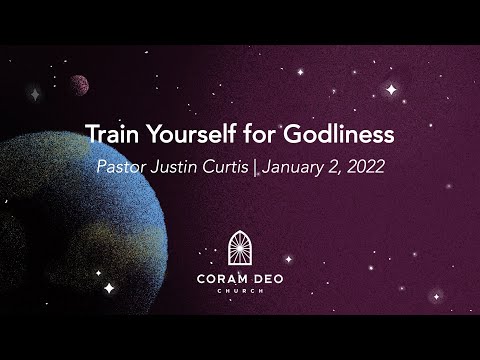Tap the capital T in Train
pos(90,134)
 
